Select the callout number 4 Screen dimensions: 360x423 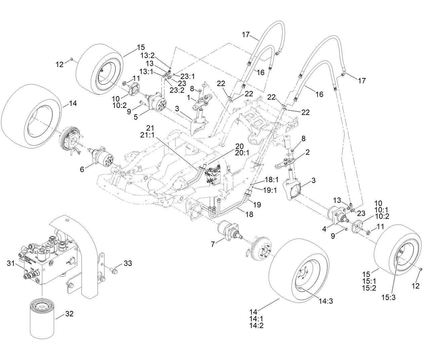pyautogui.click(x=324, y=229)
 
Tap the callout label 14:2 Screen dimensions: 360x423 pyautogui.click(x=257, y=325)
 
